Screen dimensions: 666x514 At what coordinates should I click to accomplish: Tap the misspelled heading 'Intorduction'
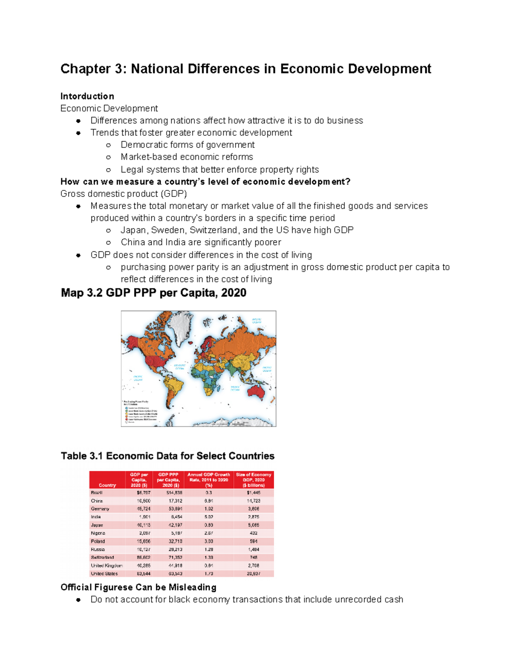click(x=87, y=96)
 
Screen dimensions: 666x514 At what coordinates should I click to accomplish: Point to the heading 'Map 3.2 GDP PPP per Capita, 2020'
click(x=153, y=293)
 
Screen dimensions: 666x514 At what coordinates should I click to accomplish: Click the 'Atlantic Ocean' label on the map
click(x=179, y=367)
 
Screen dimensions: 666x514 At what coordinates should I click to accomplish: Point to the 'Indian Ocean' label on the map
click(x=235, y=388)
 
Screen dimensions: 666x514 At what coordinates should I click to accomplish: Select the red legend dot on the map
click(x=126, y=419)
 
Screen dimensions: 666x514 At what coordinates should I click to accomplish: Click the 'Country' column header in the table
click(x=107, y=485)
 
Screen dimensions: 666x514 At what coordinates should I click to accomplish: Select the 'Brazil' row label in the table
click(x=97, y=493)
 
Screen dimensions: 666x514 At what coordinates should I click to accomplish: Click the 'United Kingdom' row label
click(x=106, y=566)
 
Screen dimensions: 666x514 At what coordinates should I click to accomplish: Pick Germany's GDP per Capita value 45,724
click(x=143, y=509)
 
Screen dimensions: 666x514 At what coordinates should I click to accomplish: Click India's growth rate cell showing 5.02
click(x=209, y=517)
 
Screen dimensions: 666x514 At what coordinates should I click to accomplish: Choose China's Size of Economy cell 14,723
click(x=253, y=501)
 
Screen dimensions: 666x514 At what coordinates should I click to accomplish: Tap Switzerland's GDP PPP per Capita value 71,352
click(x=174, y=558)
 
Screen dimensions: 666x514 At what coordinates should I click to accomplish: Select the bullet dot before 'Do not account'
click(x=78, y=600)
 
